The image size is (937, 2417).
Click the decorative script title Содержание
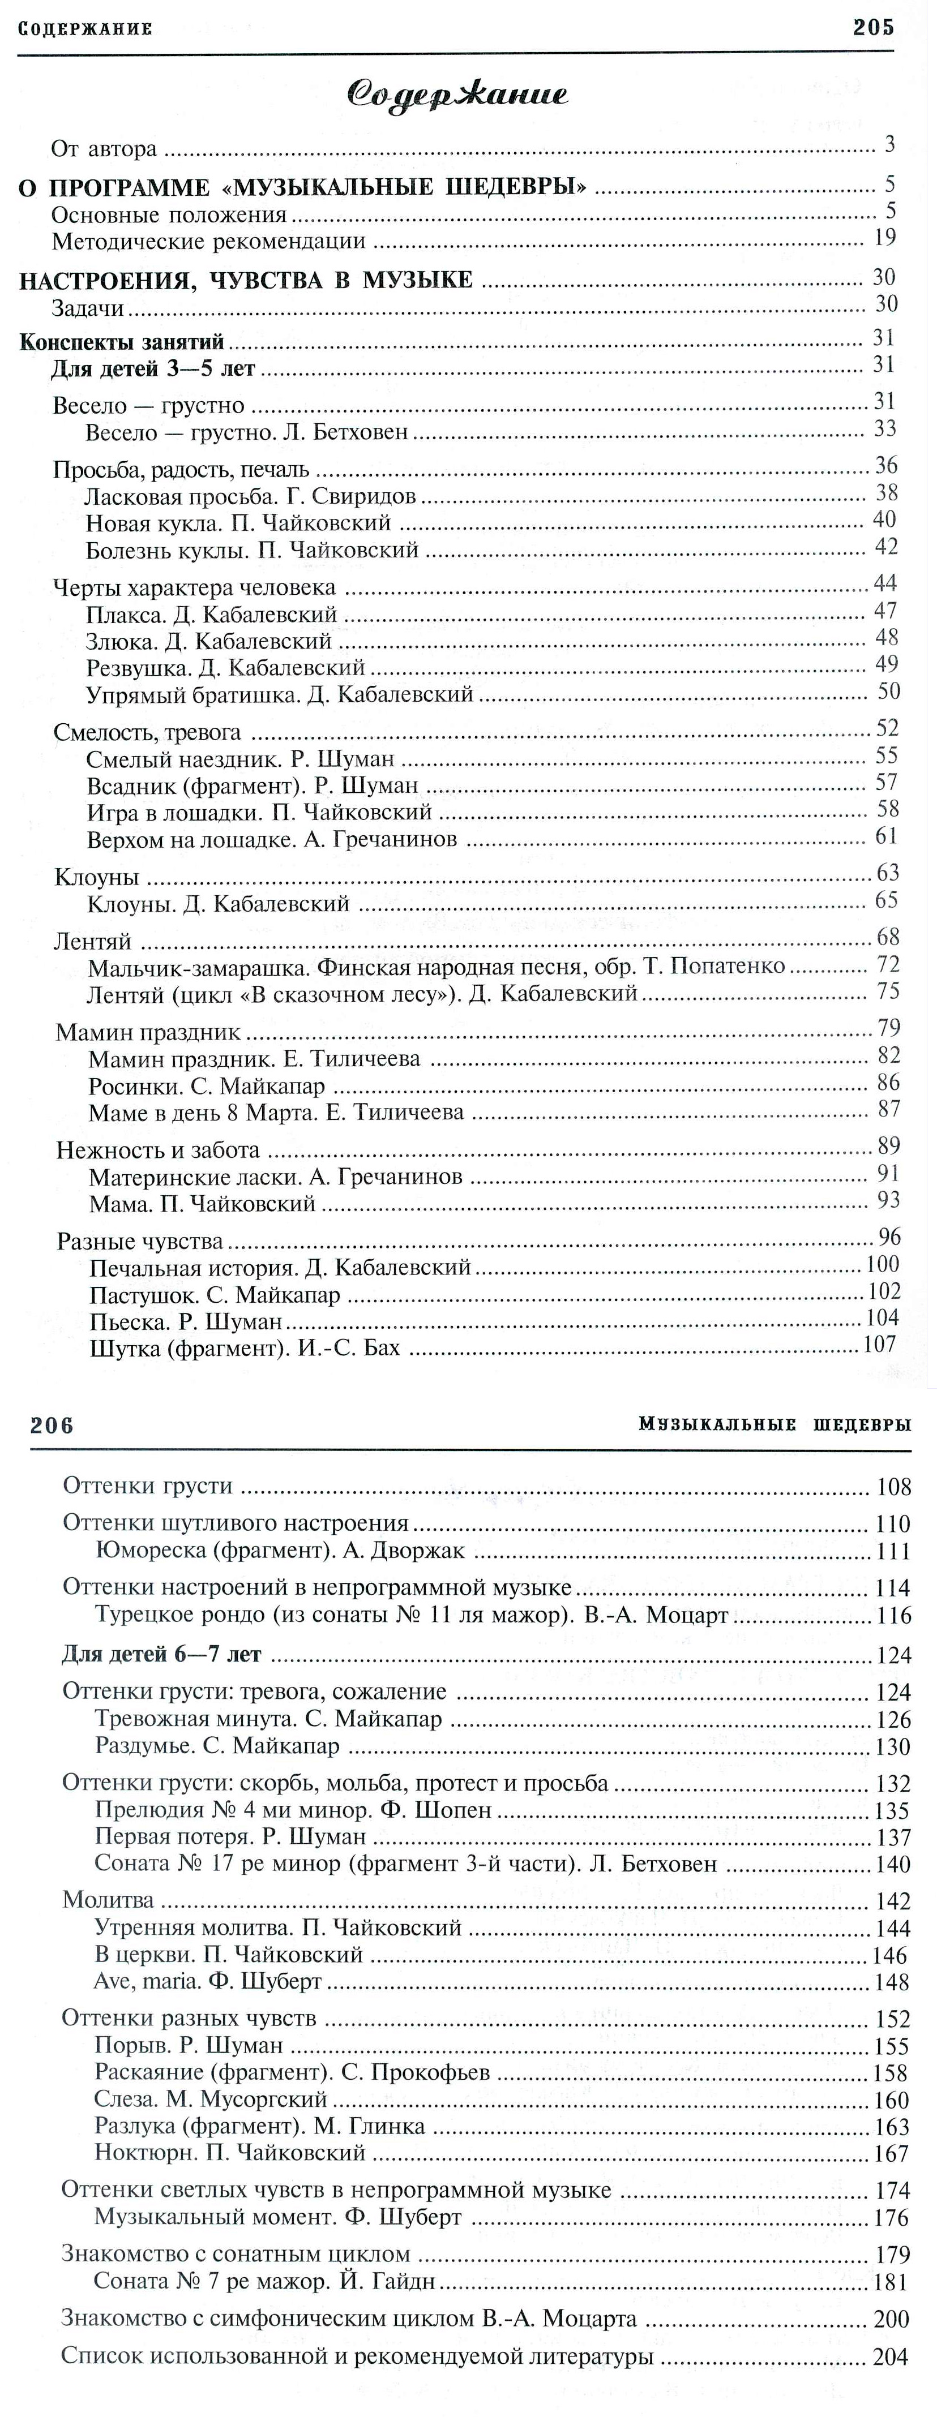[x=458, y=94]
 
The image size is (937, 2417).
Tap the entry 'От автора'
[x=103, y=148]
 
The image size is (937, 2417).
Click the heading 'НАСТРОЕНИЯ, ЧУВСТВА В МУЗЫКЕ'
[x=246, y=280]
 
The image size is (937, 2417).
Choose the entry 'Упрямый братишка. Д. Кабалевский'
[x=279, y=694]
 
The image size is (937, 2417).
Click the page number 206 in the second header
[x=52, y=1425]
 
